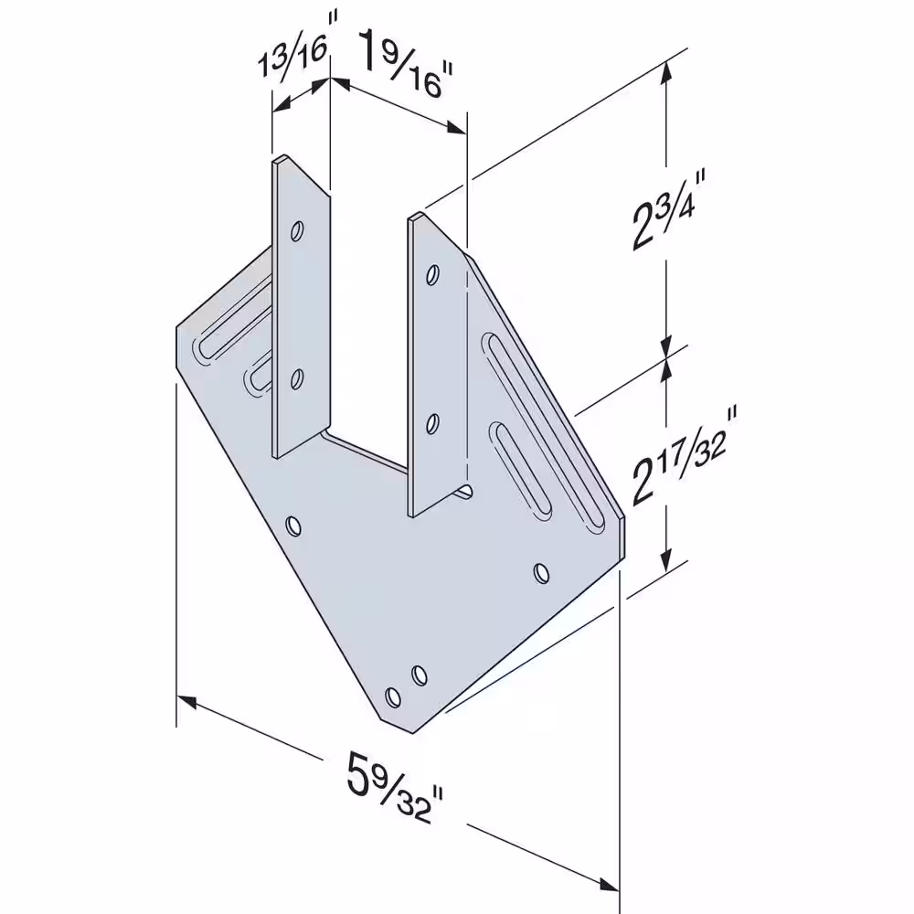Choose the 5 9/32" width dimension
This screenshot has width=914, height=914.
coord(395,786)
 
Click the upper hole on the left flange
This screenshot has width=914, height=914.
coord(297,231)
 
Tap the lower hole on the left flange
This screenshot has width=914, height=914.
coord(297,380)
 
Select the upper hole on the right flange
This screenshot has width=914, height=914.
coord(432,274)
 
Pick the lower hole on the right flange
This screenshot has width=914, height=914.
coord(432,424)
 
